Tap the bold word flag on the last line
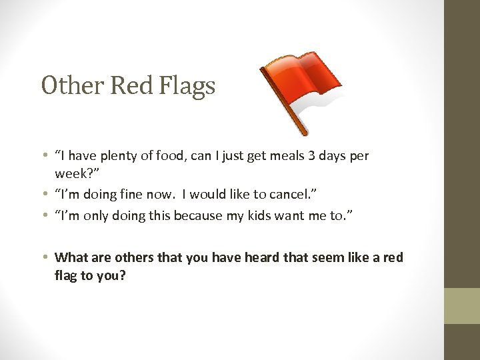[67, 274]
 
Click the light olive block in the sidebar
[462, 305]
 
